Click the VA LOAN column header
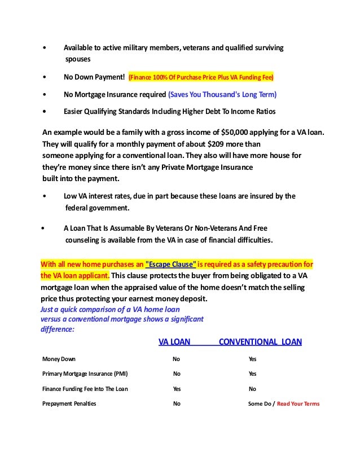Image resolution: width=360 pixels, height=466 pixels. pos(174,341)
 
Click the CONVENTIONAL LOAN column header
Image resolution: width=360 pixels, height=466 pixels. pos(260,341)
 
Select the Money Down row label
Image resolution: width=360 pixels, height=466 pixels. pos(59,359)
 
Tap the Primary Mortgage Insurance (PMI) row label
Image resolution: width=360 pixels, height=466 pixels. pos(85,373)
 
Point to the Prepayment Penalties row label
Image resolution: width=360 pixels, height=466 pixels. pos(69,403)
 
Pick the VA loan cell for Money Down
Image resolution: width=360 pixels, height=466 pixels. pos(177,359)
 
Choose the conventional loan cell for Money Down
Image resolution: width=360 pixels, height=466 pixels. pos(252,359)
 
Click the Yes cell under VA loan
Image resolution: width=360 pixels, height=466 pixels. pos(177,389)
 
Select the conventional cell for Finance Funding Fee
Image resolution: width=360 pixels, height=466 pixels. pos(252,389)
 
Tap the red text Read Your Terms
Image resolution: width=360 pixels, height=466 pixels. pos(298,404)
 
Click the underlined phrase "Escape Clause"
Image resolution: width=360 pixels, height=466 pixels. pos(170,264)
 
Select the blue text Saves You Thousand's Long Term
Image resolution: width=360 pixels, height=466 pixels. pos(223,94)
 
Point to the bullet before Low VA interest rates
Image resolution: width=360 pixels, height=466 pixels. pos(45,196)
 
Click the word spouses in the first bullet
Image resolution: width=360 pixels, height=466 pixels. pos(77,59)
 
